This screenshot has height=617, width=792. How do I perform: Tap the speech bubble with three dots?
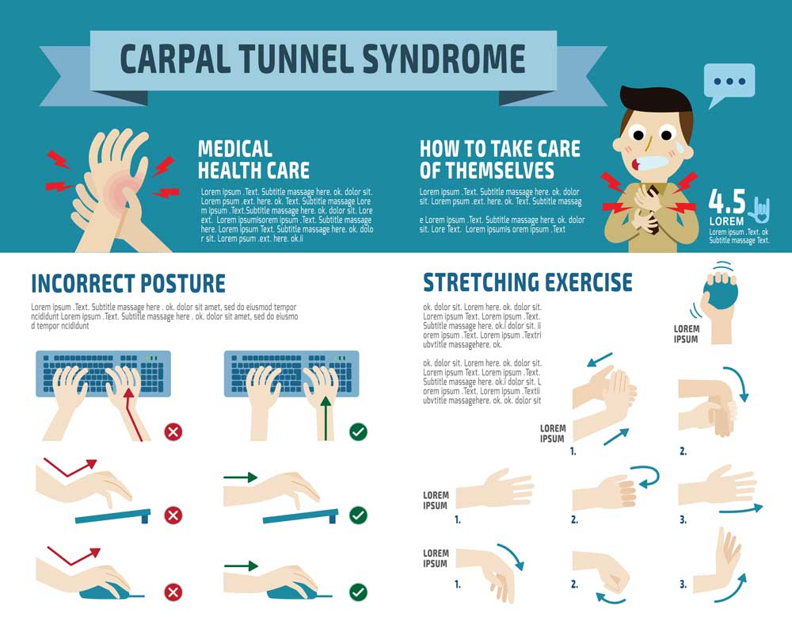click(x=729, y=82)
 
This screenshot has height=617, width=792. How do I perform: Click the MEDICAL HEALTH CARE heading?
click(x=253, y=159)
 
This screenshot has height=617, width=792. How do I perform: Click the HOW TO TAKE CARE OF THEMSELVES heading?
click(x=500, y=159)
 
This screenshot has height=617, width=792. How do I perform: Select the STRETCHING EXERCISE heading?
click(x=527, y=282)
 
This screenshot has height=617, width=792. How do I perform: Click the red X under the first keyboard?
click(x=173, y=432)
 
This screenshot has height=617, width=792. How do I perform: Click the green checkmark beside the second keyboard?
click(x=358, y=432)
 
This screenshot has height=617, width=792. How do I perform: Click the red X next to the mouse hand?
click(x=173, y=592)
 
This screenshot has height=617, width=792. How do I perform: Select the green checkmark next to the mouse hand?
click(x=358, y=592)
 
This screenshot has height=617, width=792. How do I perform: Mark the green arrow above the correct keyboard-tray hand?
click(x=241, y=477)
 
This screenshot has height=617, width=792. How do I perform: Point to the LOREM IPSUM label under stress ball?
click(x=686, y=334)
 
